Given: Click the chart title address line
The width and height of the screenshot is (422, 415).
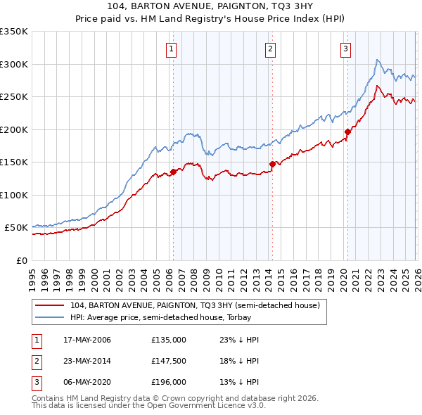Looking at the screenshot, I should coord(211,6).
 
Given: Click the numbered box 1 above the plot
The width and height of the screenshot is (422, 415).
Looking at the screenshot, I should coord(172,49).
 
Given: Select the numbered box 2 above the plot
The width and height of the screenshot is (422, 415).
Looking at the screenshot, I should coord(271,49).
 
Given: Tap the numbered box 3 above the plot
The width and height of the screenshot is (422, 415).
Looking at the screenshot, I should coord(346,49).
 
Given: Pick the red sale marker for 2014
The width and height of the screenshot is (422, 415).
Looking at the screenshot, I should coord(271,164).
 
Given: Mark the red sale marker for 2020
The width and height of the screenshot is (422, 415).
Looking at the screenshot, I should coord(347,132).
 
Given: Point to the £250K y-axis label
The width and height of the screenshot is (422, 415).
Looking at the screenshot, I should coord(14,97).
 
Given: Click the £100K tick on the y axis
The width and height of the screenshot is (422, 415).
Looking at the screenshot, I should coord(14,195).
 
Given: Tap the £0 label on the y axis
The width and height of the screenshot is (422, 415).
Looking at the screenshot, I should coord(21,260).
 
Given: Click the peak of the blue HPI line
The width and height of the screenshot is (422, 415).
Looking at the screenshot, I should coord(378,60).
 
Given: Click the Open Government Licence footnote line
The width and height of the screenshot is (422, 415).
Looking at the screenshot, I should coord(148,406).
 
